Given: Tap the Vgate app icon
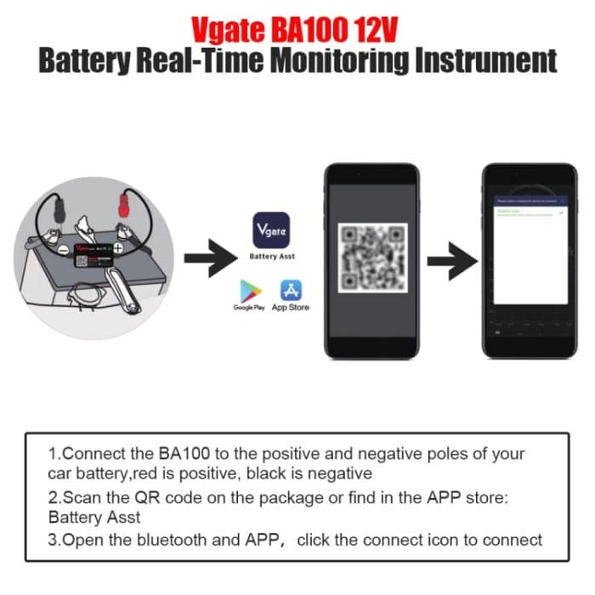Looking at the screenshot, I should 271,229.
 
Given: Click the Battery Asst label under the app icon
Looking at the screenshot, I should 271,255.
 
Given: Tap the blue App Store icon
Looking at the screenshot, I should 289,290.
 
